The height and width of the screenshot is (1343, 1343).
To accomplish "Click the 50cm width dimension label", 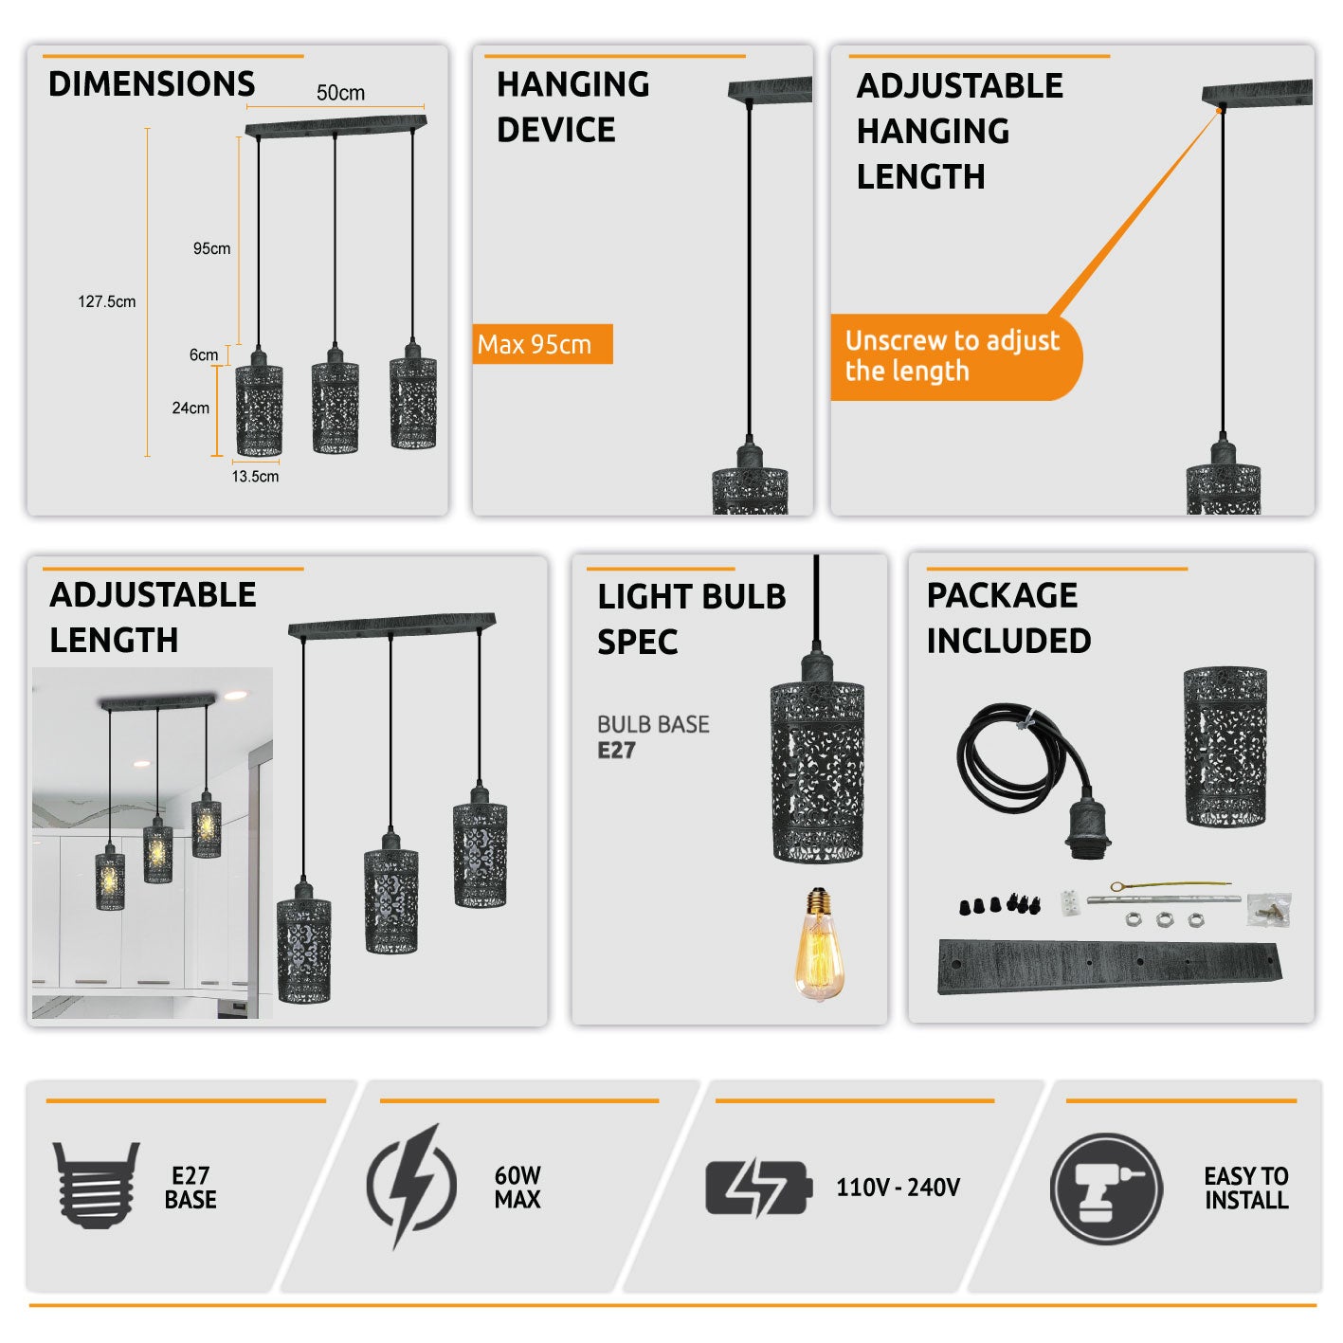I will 340,93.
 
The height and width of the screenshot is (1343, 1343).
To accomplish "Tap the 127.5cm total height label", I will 106,301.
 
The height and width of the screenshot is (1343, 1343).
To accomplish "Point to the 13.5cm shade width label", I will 255,476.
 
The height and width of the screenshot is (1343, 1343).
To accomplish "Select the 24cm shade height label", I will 191,408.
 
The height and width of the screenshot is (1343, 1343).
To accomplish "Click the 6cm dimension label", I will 203,354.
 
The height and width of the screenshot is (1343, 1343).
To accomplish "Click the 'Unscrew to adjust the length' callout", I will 953,356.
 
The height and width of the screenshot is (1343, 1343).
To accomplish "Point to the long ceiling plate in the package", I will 1109,967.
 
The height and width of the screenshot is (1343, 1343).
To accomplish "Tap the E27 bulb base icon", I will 96,1185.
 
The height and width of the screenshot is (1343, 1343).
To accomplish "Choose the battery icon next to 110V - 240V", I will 758,1188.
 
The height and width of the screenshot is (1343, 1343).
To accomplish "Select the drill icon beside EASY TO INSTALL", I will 1106,1188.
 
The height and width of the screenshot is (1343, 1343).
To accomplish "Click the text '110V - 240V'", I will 898,1188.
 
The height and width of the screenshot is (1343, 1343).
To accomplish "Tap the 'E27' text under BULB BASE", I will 616,751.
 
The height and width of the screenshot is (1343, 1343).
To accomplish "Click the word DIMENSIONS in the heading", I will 152,84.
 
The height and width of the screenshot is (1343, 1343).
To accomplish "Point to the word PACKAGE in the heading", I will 1002,595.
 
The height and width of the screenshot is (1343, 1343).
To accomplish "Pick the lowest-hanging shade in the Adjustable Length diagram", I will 304,948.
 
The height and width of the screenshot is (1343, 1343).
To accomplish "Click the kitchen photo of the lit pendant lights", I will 153,844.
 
